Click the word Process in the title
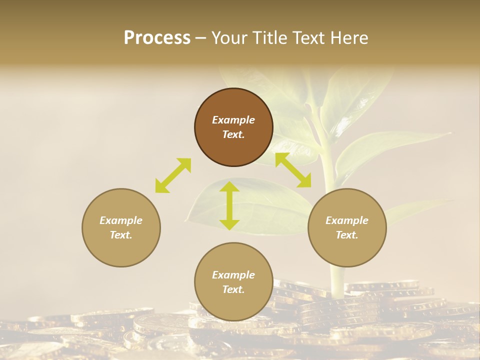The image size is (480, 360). (157, 38)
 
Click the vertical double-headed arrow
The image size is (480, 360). (229, 205)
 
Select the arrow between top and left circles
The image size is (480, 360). (173, 175)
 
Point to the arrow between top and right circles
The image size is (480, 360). (293, 170)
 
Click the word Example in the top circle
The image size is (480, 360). (233, 120)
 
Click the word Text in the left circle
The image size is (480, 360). (120, 235)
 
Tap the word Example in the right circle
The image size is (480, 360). (347, 220)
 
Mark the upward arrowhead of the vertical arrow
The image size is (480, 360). (229, 186)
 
